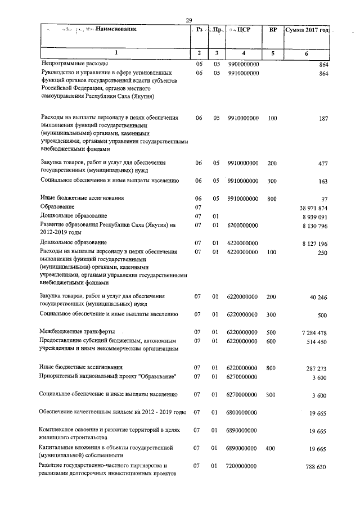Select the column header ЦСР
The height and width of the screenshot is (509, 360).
243,29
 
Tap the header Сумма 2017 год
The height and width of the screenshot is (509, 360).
307,29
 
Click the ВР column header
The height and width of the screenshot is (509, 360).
273,29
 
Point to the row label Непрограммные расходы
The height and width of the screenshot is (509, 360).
74,65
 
